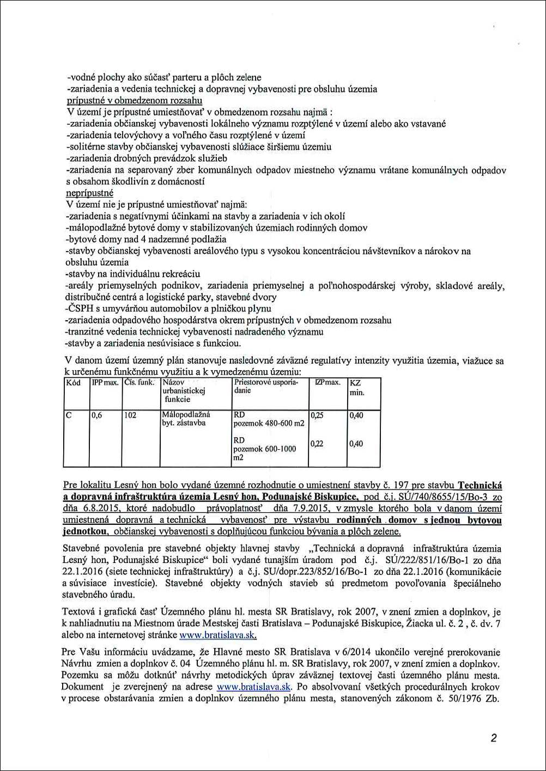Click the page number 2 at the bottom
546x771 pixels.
[493, 738]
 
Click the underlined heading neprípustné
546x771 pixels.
[89, 193]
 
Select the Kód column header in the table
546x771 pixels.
[74, 382]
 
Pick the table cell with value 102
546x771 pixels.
[130, 415]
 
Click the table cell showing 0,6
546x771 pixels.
[97, 415]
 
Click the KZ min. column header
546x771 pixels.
[356, 387]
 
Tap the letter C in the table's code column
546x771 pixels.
[69, 415]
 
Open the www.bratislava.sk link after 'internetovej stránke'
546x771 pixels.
[218, 635]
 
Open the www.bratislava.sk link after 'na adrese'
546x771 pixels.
[254, 687]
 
